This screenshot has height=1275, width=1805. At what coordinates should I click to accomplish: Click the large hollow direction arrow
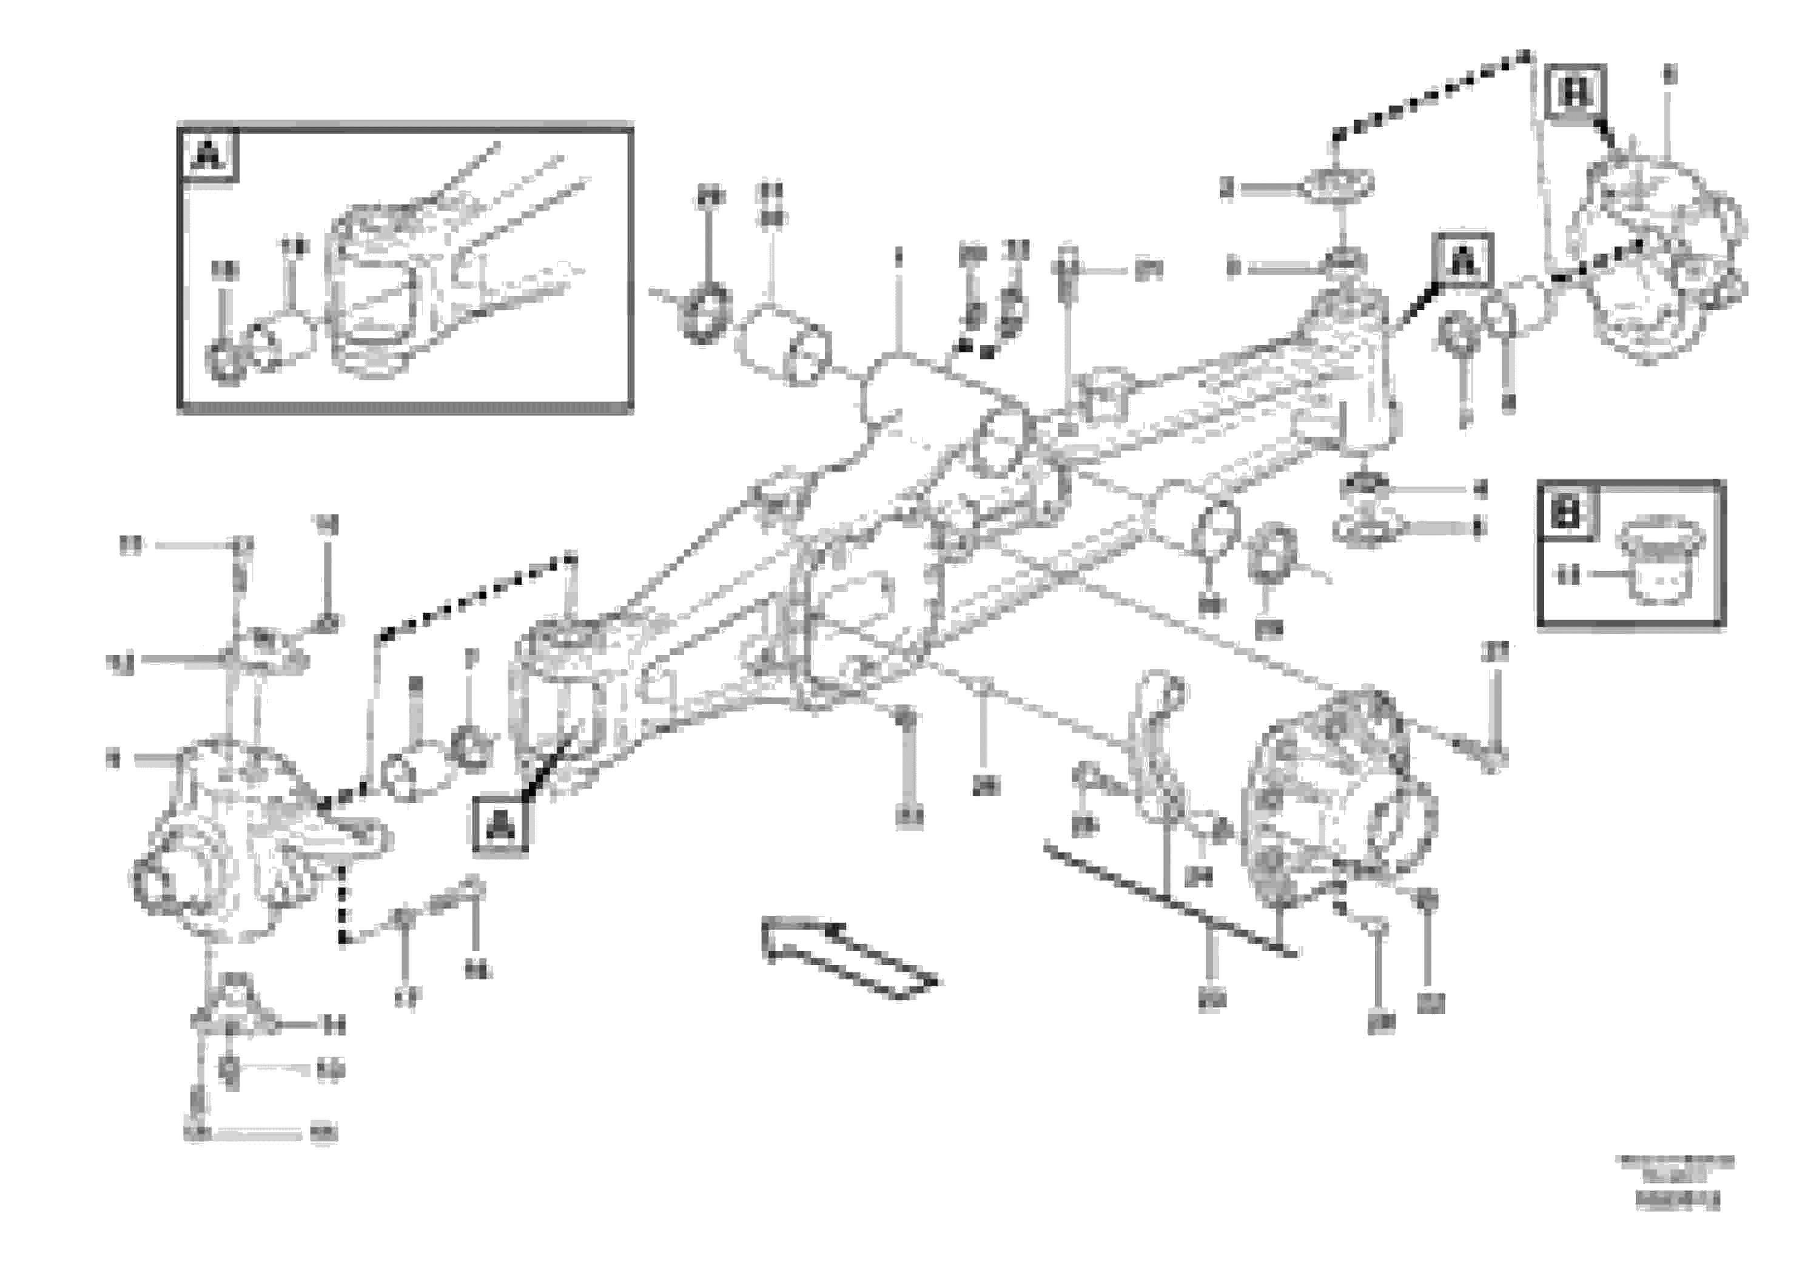tap(849, 957)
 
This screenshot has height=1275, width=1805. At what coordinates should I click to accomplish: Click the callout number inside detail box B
tap(1568, 576)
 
